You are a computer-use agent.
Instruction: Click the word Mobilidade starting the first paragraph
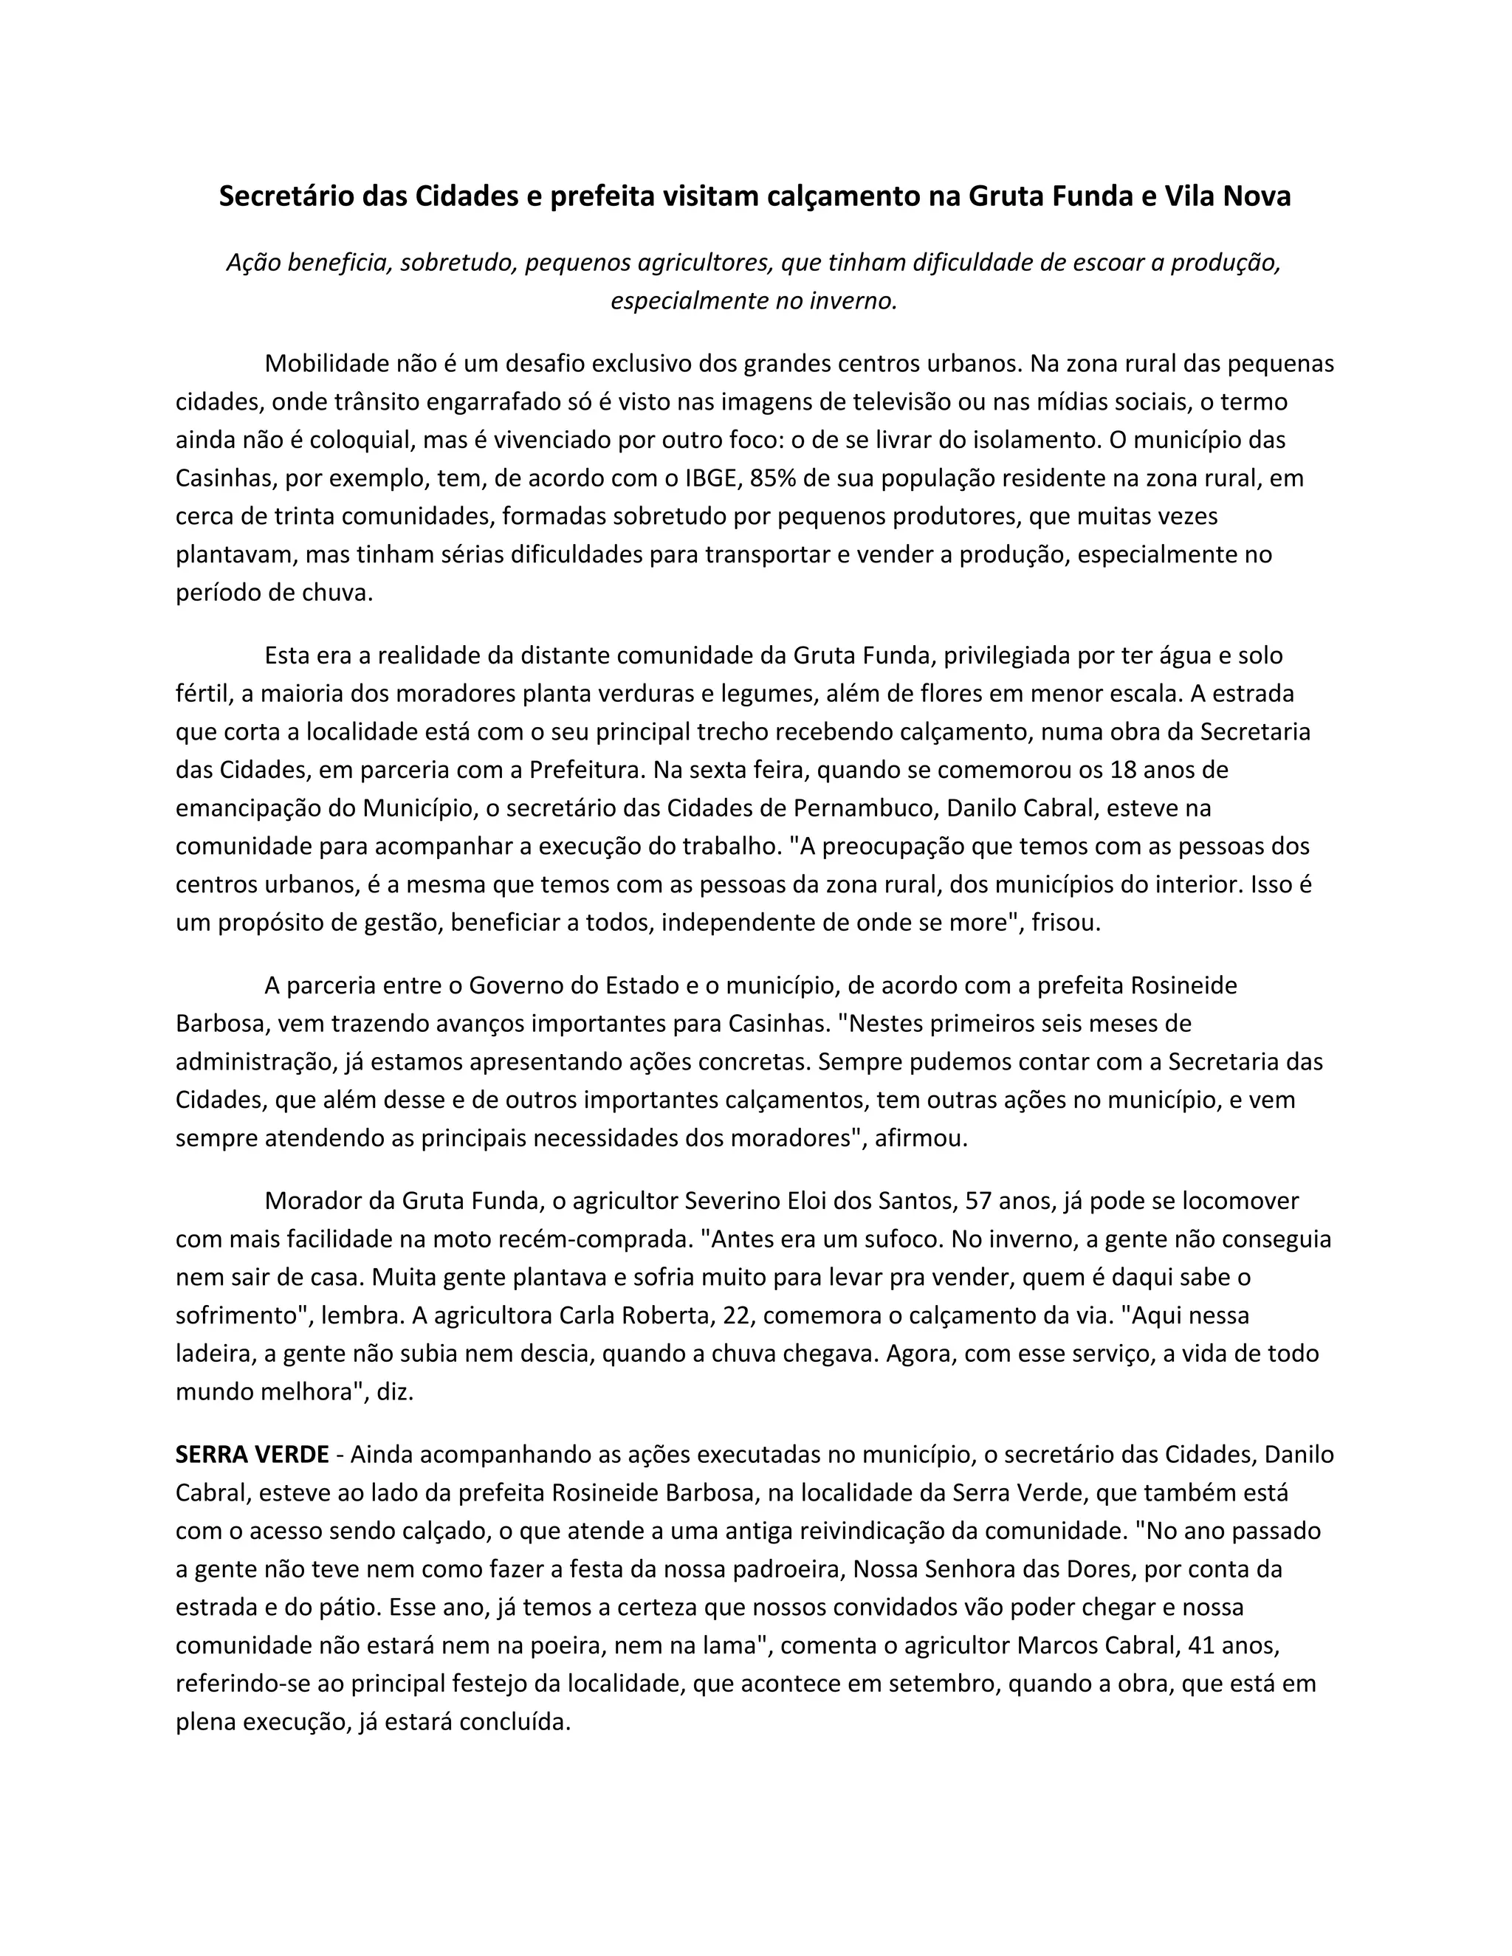[x=329, y=364]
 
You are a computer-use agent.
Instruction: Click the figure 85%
[x=773, y=478]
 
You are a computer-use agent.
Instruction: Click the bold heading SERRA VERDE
[x=252, y=1455]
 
